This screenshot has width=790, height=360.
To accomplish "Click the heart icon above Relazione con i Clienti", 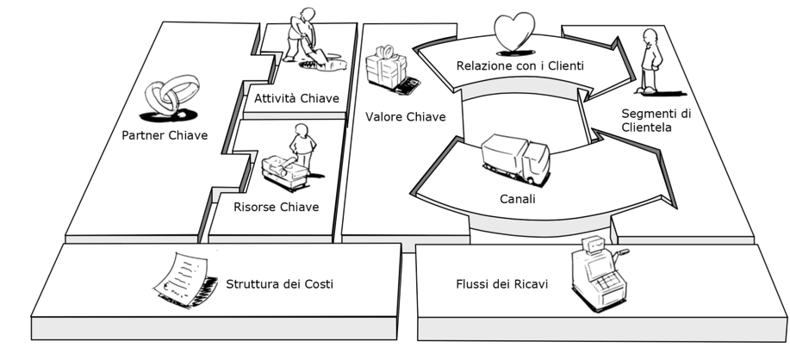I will pos(515,33).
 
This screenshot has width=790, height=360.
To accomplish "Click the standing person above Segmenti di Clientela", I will pos(651,59).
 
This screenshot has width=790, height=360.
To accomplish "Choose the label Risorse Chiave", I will pos(276,207).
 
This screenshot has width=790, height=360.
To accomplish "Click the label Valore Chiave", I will pos(405,115).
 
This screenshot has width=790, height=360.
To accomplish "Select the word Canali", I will pos(517,199).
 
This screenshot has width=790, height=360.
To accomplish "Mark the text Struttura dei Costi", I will pos(279,283).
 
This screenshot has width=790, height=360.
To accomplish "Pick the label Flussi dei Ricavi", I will pos(501,283).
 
